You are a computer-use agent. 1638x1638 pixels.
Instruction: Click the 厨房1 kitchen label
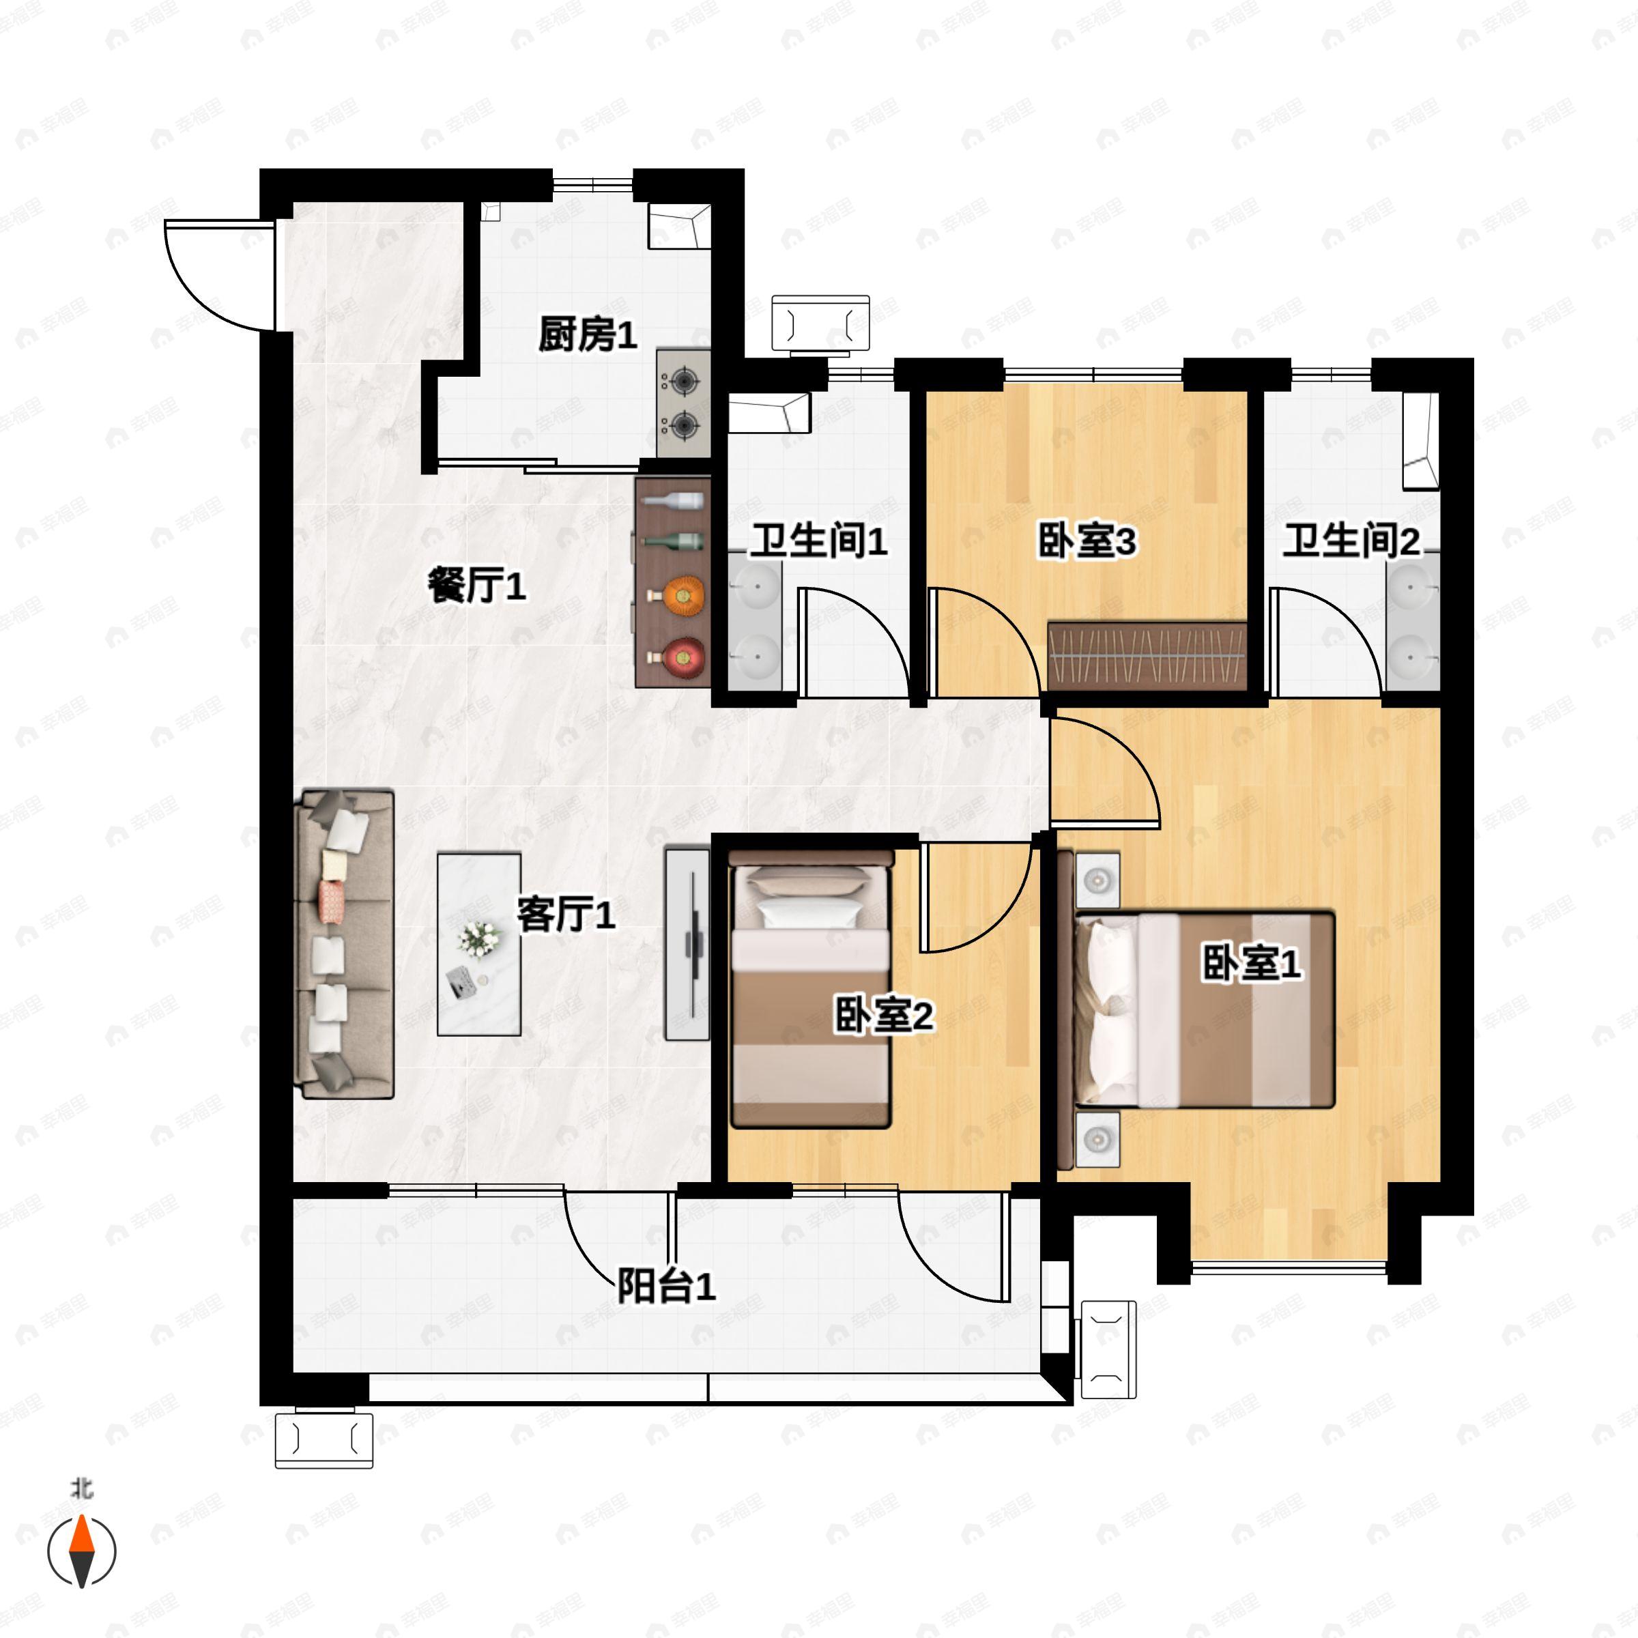587,335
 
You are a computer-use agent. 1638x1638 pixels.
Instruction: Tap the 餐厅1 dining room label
476,585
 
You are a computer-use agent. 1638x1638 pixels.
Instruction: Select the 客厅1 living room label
566,915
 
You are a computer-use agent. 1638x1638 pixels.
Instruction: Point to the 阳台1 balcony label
665,1286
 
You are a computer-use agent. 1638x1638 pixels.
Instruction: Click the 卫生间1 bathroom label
818,541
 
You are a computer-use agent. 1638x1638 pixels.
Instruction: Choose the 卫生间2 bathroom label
1350,541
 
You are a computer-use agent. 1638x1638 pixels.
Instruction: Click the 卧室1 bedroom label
1250,963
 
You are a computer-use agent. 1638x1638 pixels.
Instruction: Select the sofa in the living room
343,944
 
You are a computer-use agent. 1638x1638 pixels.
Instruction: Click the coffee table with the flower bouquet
479,944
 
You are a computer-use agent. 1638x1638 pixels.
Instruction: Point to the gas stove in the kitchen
683,403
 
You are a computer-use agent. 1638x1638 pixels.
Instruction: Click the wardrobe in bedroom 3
1147,655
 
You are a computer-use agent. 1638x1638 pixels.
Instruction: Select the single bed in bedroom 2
809,990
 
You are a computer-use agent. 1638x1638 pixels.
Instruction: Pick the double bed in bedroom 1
1204,1009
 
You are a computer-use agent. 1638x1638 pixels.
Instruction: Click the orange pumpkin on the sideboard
683,595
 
